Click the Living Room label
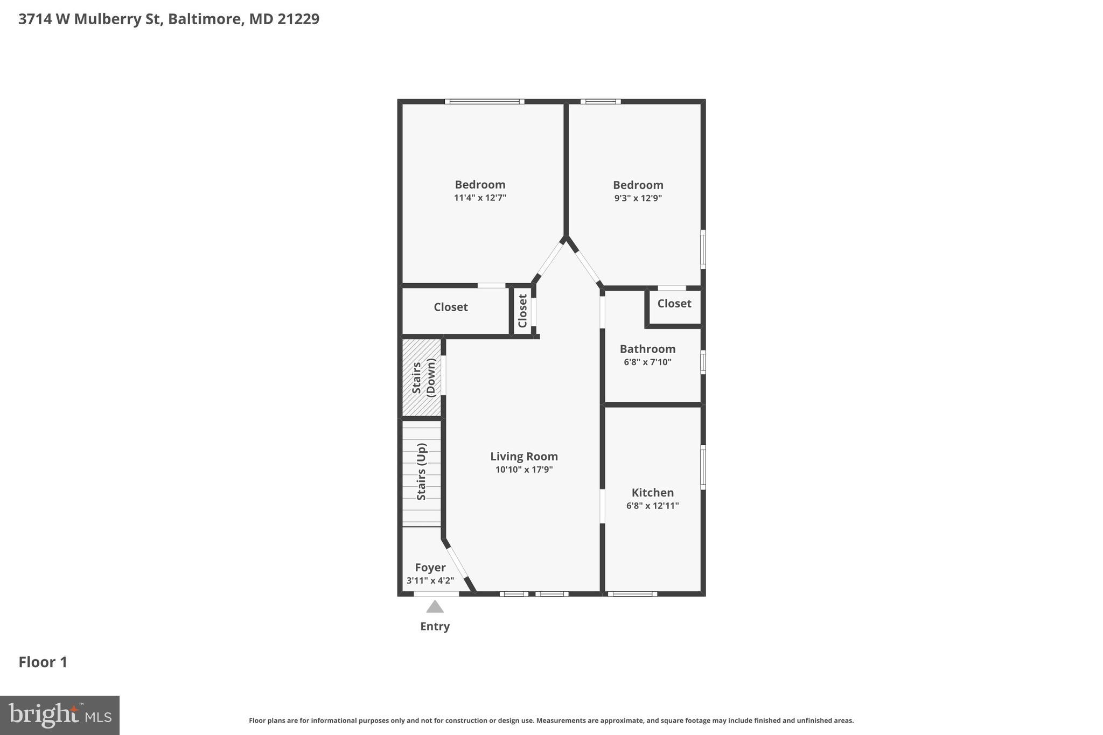pyautogui.click(x=523, y=457)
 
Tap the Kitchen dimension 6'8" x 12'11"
pyautogui.click(x=652, y=506)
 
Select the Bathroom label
pyautogui.click(x=647, y=349)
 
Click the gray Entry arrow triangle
pyautogui.click(x=435, y=607)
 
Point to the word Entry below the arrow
pyautogui.click(x=435, y=626)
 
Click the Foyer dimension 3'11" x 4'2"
pyautogui.click(x=430, y=580)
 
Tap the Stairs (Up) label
pyautogui.click(x=422, y=472)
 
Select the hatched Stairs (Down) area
pyautogui.click(x=422, y=377)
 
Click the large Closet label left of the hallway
pyautogui.click(x=451, y=307)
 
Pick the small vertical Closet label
pyautogui.click(x=522, y=311)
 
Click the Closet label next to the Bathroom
pyautogui.click(x=674, y=303)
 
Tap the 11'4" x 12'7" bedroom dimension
pyautogui.click(x=480, y=198)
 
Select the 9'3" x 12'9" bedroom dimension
pyautogui.click(x=638, y=198)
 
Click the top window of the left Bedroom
pyautogui.click(x=484, y=101)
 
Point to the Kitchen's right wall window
pyautogui.click(x=703, y=467)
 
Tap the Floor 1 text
pyautogui.click(x=43, y=662)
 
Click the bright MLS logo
pyautogui.click(x=60, y=715)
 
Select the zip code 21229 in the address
pyautogui.click(x=298, y=19)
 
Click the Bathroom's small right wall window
pyautogui.click(x=703, y=362)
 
